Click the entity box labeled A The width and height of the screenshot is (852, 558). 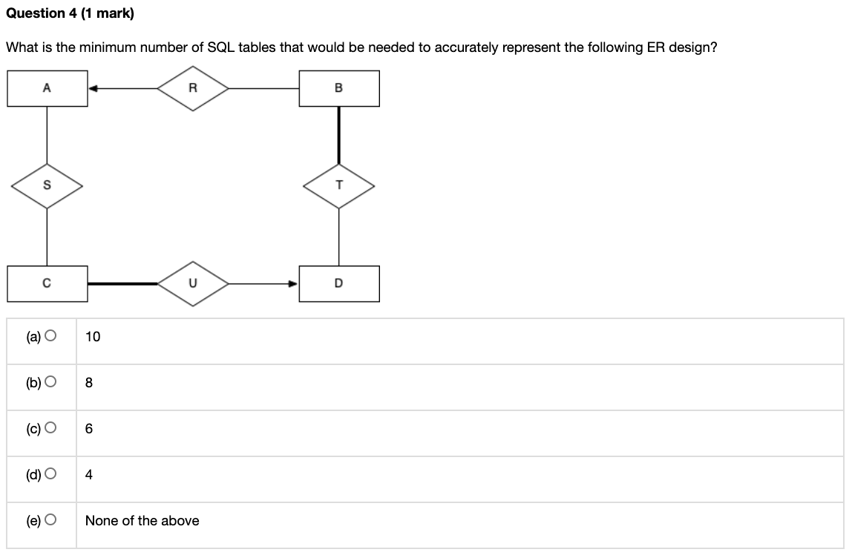click(47, 88)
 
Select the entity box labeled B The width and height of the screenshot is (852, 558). click(339, 88)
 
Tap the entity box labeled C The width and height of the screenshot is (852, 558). click(47, 283)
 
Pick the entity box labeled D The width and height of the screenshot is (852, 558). click(339, 283)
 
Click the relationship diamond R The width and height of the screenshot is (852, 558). click(193, 88)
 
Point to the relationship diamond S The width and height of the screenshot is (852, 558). click(47, 186)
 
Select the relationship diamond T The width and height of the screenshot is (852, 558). click(339, 186)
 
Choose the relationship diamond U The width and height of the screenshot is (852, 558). click(193, 283)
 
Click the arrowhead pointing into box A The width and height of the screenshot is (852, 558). click(93, 88)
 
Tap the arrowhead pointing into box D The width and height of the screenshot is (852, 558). click(294, 283)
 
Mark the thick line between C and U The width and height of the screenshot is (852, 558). click(122, 283)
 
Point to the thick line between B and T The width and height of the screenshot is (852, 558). click(339, 135)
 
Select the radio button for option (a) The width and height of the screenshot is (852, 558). click(50, 337)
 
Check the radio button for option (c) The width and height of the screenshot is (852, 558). click(50, 429)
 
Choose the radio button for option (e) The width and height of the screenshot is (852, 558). click(50, 521)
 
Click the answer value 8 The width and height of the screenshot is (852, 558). click(89, 383)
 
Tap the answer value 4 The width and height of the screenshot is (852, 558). click(89, 475)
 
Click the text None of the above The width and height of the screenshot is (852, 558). click(142, 521)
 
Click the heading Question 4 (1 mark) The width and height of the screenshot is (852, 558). click(70, 13)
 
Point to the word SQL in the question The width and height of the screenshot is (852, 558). click(222, 47)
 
